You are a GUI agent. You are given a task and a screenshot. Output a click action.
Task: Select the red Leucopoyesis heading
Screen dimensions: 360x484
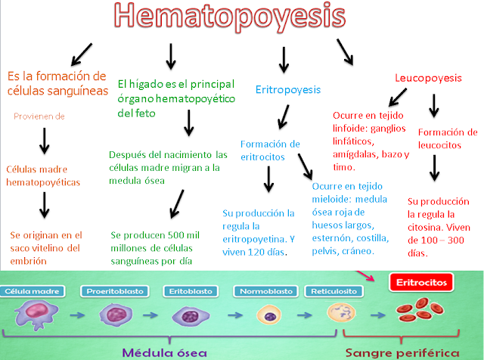(x=429, y=78)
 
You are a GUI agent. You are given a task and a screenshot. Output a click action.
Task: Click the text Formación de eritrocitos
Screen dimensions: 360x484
(x=270, y=150)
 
